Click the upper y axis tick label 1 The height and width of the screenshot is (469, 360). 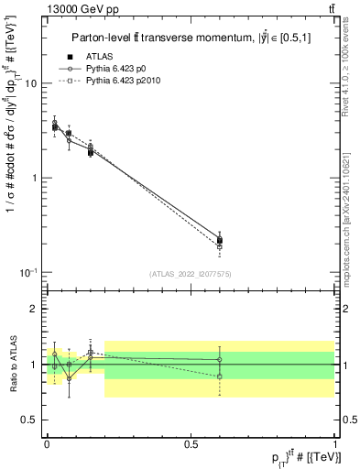34,178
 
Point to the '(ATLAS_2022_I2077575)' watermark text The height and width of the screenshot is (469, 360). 191,274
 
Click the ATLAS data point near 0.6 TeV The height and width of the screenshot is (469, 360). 219,240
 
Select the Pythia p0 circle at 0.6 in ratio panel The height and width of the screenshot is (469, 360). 219,359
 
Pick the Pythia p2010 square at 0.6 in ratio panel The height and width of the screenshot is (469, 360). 219,376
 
